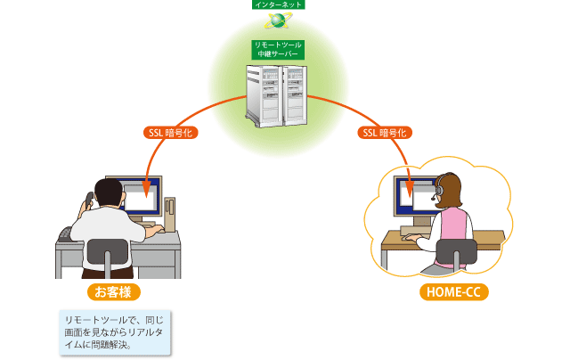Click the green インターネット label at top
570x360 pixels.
(278, 4)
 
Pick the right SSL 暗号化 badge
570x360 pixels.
(386, 133)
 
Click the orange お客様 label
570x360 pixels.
(113, 291)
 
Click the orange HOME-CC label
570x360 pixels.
(453, 291)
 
